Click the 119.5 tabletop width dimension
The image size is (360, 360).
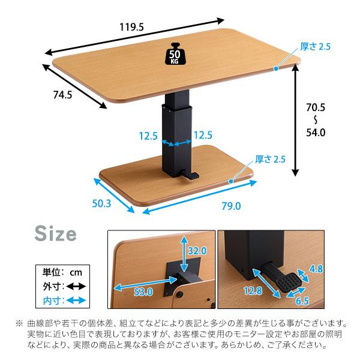point(131,28)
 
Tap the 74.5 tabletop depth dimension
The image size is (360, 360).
point(62,95)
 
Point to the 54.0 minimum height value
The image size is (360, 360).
point(316,133)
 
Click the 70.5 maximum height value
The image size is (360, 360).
point(316,107)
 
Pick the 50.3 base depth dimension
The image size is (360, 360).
point(101,203)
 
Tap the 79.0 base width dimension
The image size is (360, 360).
point(231,206)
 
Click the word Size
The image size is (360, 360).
point(55,233)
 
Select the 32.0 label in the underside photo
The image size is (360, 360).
point(197,251)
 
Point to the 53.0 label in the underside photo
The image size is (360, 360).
point(143,292)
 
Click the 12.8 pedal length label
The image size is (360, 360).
point(253,290)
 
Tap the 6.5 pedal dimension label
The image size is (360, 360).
point(302,301)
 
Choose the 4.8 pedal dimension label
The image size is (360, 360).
point(316,269)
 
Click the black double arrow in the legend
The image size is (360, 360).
point(76,287)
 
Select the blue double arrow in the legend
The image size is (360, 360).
point(76,301)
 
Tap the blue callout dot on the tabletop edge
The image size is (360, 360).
point(276,68)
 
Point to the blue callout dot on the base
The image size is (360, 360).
point(231,181)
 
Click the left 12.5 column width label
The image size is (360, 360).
point(148,136)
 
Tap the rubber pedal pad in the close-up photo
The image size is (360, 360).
point(289,283)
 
